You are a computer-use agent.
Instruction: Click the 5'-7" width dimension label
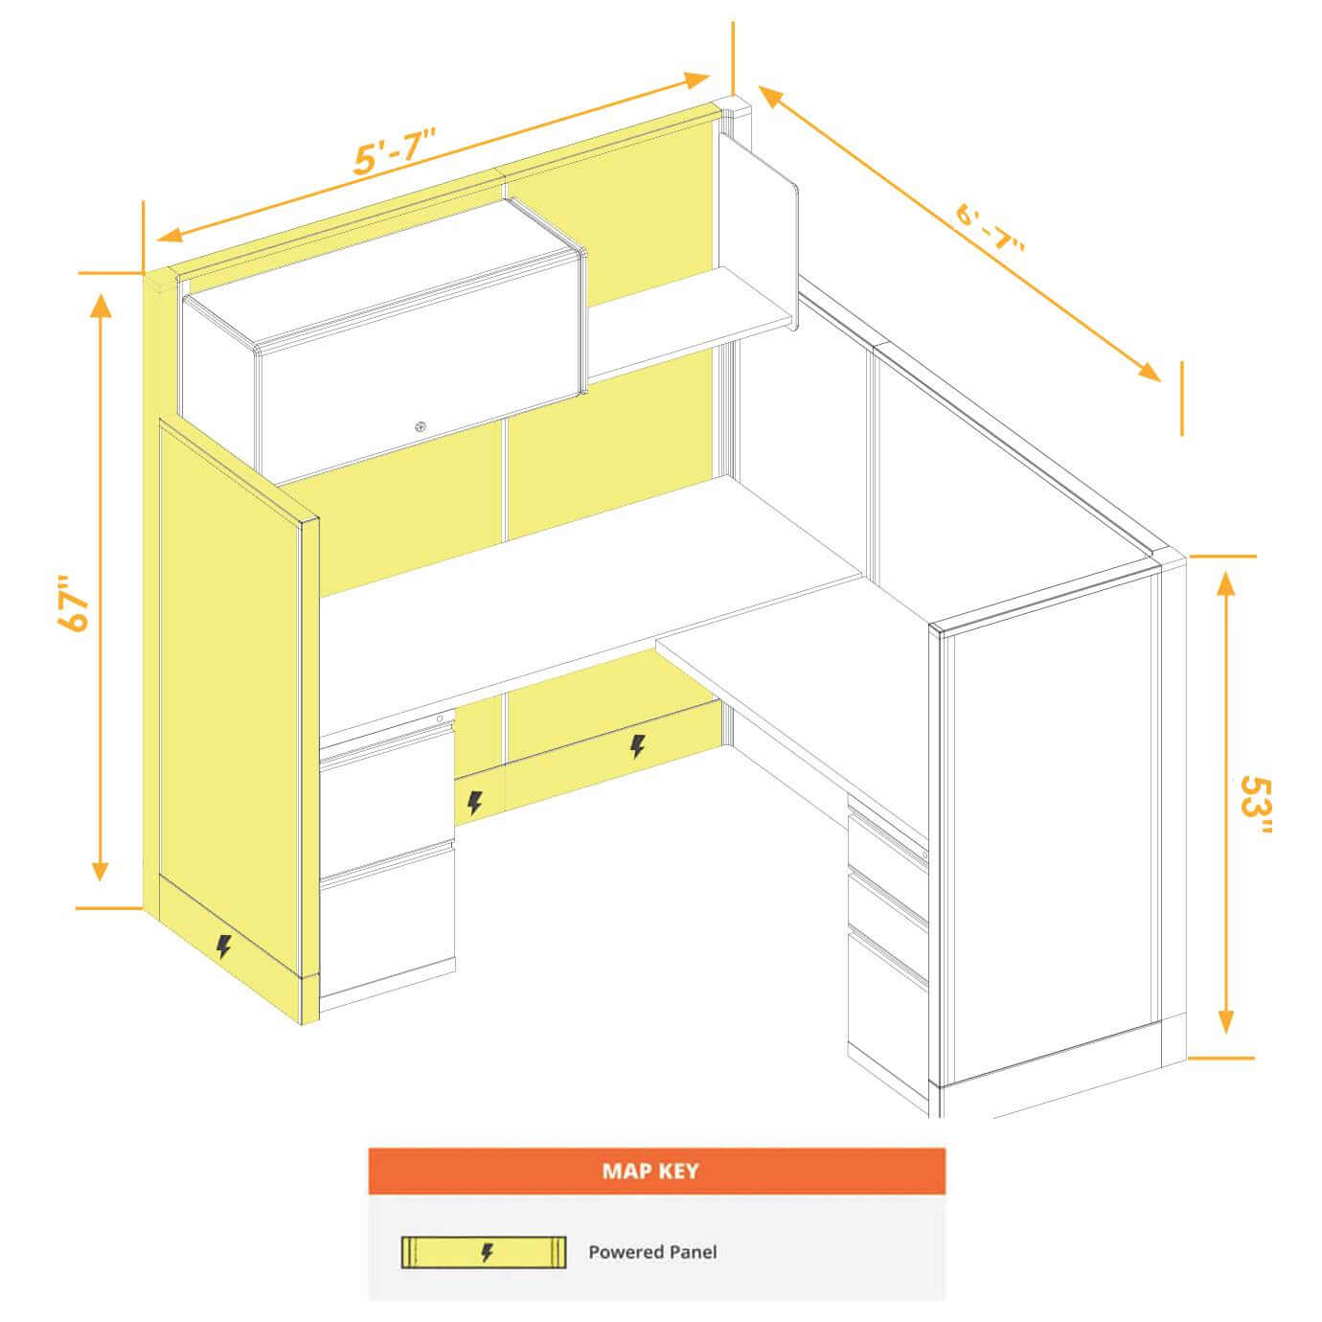(394, 151)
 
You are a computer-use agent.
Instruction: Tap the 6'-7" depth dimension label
(990, 227)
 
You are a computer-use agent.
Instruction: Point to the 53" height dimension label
(1256, 805)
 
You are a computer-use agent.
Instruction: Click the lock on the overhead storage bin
(420, 427)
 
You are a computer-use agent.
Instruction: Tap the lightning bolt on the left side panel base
(223, 946)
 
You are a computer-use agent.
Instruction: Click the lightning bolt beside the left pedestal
(475, 803)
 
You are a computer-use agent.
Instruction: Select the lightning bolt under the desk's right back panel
(637, 746)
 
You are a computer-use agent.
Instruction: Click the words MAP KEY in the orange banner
(650, 1171)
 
